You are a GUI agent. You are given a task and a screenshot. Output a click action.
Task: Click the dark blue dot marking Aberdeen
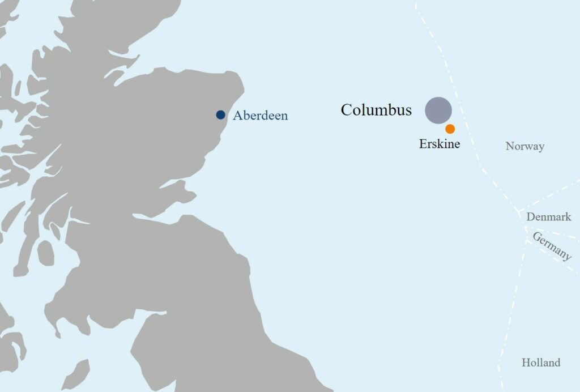[220, 115]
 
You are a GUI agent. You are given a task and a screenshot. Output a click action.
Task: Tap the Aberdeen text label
[260, 116]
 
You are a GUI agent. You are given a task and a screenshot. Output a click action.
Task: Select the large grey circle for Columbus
[438, 110]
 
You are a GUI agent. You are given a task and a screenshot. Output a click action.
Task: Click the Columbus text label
[376, 110]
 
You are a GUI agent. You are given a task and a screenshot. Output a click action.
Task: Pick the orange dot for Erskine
[450, 129]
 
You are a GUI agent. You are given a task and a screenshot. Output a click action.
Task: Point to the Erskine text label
[440, 144]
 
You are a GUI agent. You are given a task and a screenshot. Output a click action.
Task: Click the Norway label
[525, 147]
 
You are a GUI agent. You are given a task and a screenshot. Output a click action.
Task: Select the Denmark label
[549, 217]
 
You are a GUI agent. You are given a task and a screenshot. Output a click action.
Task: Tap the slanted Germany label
[552, 246]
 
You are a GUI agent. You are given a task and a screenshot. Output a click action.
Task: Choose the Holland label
[541, 363]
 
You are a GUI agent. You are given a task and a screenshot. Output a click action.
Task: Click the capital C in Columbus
[346, 110]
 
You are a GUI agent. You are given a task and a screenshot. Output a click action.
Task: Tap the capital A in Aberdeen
[238, 116]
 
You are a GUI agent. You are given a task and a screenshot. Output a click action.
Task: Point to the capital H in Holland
[526, 363]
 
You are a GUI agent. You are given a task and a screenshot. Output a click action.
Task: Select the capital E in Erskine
[423, 144]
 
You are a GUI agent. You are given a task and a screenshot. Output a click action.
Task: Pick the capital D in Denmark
[530, 217]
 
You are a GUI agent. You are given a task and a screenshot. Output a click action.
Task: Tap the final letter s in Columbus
[408, 111]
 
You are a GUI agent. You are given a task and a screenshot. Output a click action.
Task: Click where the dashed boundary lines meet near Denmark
[520, 211]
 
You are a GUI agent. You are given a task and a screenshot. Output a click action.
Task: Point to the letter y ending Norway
[541, 148]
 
